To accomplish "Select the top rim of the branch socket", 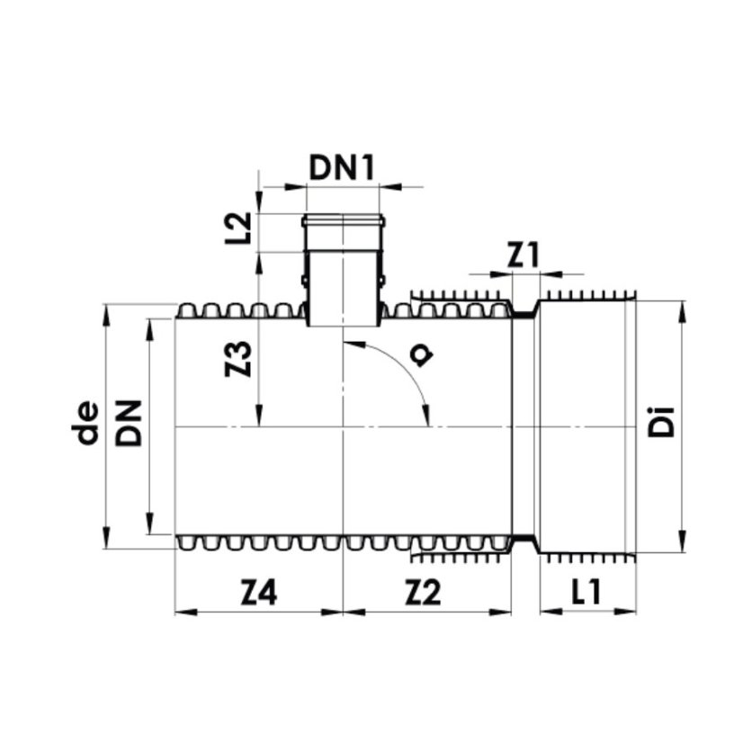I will (343, 219).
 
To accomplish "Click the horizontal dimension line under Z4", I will (258, 612).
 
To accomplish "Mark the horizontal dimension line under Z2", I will (427, 612).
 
